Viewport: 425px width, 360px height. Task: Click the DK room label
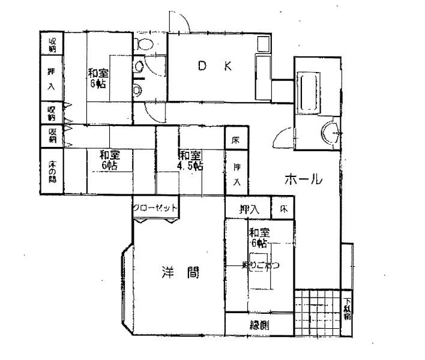point(215,67)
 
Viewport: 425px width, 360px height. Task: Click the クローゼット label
point(155,208)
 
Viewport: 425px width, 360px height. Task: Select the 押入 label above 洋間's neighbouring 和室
point(249,209)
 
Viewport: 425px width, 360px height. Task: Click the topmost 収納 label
point(52,44)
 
